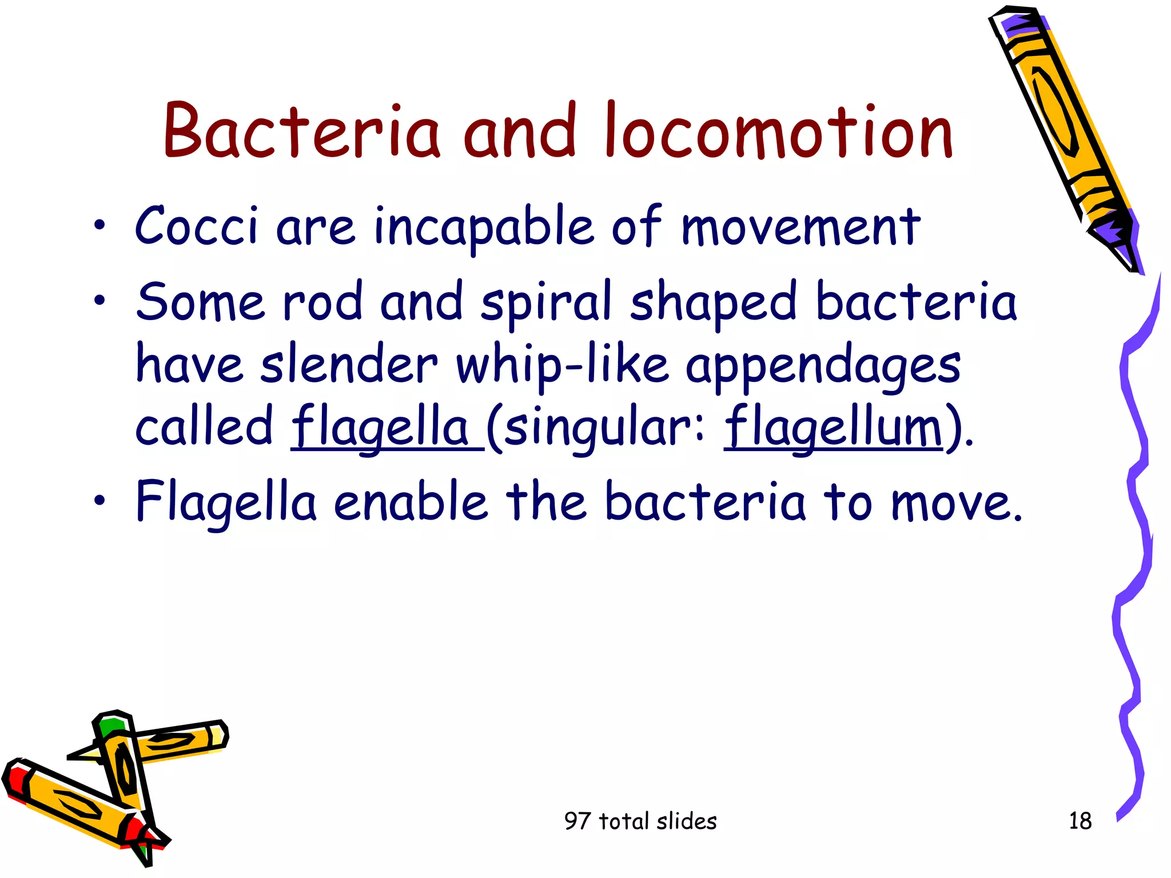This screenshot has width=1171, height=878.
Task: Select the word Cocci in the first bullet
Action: [196, 226]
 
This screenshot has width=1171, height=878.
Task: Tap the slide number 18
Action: [1080, 821]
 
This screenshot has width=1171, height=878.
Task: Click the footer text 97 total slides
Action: [640, 821]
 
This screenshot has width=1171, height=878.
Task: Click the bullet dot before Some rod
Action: [100, 300]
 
